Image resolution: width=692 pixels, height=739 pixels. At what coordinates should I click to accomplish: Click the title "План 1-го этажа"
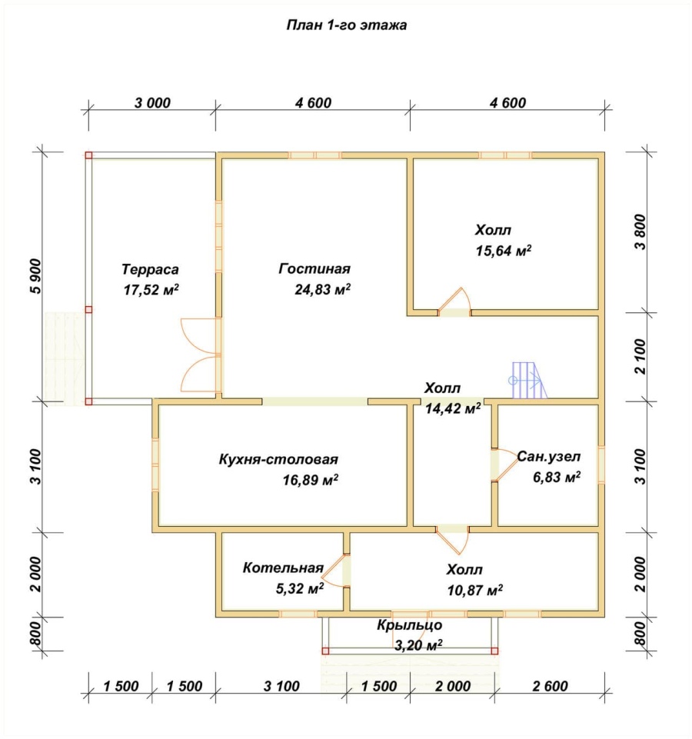347,25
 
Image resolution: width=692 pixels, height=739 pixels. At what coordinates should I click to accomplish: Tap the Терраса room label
151,269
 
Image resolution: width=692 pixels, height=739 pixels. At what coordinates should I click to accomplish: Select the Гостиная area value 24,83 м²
322,289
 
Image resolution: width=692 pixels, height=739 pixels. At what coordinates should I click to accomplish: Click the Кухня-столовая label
278,459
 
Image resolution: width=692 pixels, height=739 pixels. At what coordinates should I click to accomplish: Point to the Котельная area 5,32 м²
299,588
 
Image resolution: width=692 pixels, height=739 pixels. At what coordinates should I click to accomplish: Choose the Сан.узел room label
549,456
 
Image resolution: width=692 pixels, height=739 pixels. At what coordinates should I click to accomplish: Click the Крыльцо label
410,625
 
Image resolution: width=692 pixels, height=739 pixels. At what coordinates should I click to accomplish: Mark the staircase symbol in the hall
527,380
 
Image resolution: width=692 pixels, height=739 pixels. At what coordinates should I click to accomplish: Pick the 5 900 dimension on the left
35,277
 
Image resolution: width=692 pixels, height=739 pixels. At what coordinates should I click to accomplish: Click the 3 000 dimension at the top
152,102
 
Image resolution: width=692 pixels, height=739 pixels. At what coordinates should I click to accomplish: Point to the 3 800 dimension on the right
640,232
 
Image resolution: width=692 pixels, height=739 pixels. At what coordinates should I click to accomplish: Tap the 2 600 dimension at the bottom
550,686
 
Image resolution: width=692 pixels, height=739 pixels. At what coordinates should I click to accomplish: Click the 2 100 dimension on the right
640,356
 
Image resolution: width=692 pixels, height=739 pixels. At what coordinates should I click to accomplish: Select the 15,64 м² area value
504,250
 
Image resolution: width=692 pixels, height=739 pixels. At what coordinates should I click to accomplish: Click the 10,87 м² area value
474,590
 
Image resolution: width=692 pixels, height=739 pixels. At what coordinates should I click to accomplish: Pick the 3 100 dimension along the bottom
281,686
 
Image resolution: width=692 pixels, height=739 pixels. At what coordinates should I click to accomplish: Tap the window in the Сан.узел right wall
601,464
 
